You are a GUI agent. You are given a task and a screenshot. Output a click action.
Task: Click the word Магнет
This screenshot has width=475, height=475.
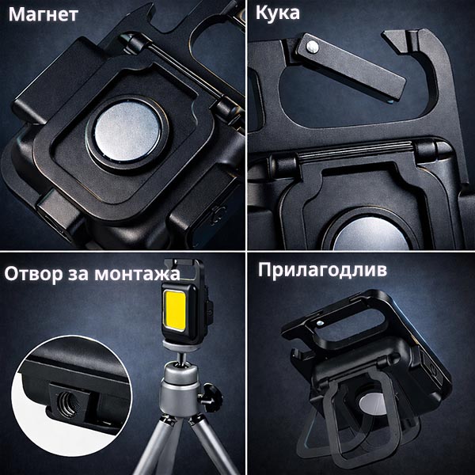(44, 14)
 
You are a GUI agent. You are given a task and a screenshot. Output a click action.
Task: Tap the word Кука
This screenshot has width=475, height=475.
(278, 13)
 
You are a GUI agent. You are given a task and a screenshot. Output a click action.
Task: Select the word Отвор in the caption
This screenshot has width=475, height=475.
(33, 273)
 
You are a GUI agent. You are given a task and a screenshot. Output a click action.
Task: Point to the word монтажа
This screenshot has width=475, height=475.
(137, 274)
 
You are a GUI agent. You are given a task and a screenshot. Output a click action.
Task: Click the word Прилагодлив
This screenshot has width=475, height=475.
(322, 270)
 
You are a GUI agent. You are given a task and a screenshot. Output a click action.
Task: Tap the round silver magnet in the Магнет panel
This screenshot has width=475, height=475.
(127, 131)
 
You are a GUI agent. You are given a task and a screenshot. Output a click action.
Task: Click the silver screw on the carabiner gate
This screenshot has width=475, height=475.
(313, 47)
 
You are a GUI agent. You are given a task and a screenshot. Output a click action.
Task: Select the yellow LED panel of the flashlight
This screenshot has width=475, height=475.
(175, 310)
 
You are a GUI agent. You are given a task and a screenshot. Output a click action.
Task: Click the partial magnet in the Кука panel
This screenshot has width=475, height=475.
(371, 234)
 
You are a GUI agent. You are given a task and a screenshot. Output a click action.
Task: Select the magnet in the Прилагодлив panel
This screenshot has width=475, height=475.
(373, 405)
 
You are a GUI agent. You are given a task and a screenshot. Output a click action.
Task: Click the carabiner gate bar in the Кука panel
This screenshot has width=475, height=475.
(351, 66)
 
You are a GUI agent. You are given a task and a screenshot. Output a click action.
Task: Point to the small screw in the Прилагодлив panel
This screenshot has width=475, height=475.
(319, 323)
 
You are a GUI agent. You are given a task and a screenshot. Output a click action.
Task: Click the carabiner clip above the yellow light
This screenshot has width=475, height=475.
(184, 270)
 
